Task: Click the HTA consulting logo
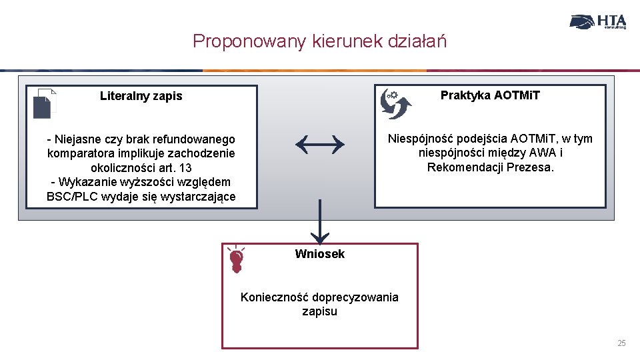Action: tap(598, 21)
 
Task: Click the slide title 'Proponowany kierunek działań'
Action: tap(319, 41)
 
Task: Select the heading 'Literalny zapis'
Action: tap(141, 96)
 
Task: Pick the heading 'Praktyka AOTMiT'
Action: tap(490, 95)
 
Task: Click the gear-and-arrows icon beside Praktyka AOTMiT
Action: tap(395, 103)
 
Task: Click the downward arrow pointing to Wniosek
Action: tap(320, 223)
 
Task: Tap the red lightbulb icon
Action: tap(235, 259)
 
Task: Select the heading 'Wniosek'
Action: tap(319, 254)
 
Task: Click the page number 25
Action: tap(621, 343)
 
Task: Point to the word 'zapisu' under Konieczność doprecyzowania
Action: tap(319, 311)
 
